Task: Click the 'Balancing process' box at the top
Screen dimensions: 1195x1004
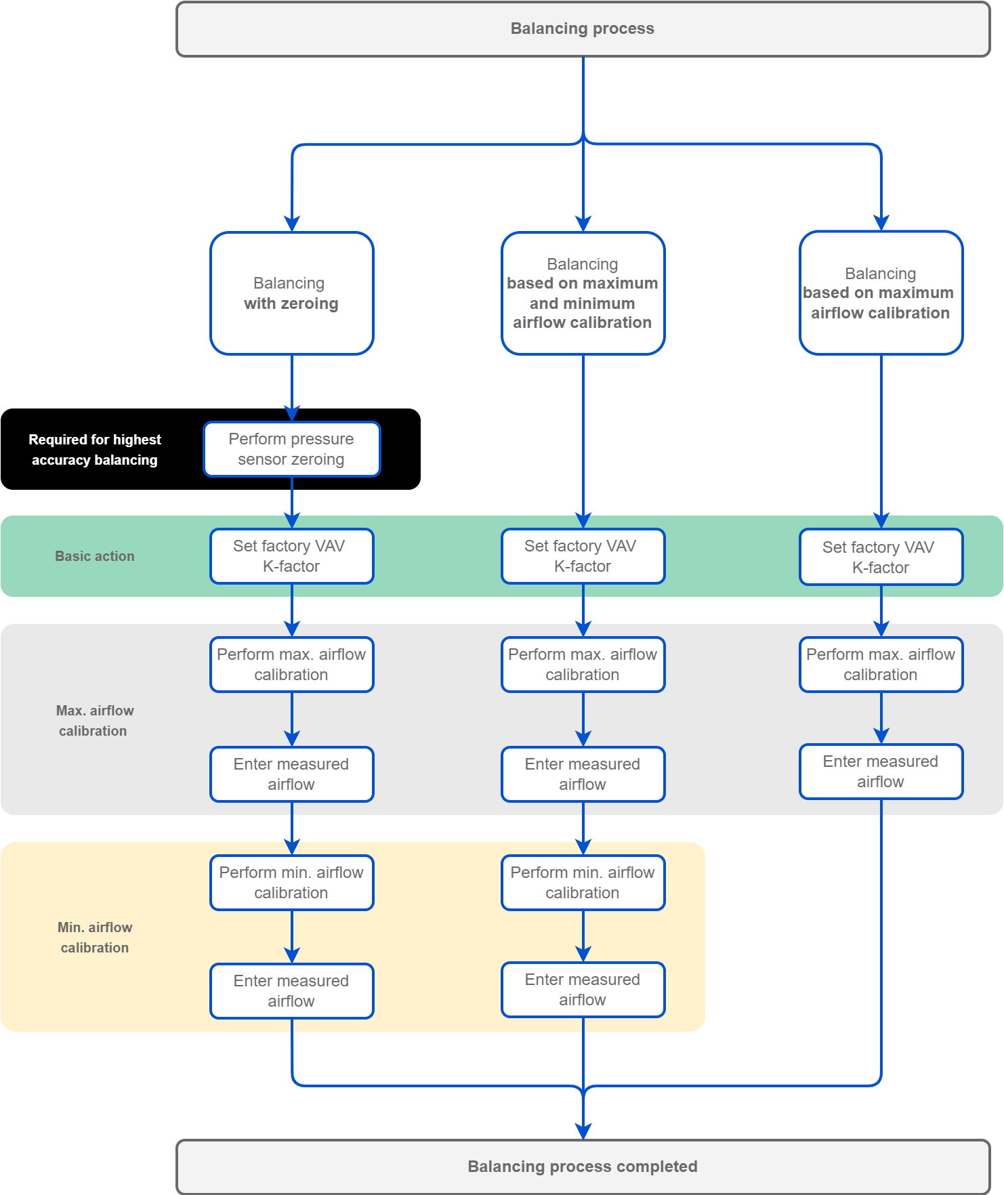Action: pos(583,29)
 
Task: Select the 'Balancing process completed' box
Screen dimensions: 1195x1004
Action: pos(583,1167)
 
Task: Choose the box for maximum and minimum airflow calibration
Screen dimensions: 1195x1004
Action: pos(583,293)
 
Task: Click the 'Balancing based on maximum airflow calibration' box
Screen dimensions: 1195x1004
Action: pos(881,293)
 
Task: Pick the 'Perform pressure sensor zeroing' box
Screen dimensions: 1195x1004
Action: pos(292,449)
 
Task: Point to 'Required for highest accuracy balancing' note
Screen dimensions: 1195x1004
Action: pos(95,450)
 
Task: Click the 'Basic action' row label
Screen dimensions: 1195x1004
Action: pos(95,556)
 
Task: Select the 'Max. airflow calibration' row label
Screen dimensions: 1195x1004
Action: pos(95,721)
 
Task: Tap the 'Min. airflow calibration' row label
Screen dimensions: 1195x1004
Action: pos(95,938)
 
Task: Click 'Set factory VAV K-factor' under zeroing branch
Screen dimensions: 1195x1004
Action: pos(292,556)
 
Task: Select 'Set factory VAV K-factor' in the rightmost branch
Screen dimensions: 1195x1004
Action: pos(881,557)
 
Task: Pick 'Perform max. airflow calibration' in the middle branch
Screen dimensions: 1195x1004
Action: pos(583,665)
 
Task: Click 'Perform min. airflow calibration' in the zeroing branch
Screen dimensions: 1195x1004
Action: pos(292,883)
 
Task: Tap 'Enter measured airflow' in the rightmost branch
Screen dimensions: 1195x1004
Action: pos(881,772)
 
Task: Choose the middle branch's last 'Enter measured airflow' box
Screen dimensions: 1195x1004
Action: pos(583,990)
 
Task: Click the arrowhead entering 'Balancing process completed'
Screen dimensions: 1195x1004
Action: pos(583,1131)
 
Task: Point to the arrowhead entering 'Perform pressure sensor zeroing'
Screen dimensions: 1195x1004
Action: pos(292,413)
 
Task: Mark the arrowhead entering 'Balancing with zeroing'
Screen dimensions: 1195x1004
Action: pos(292,224)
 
